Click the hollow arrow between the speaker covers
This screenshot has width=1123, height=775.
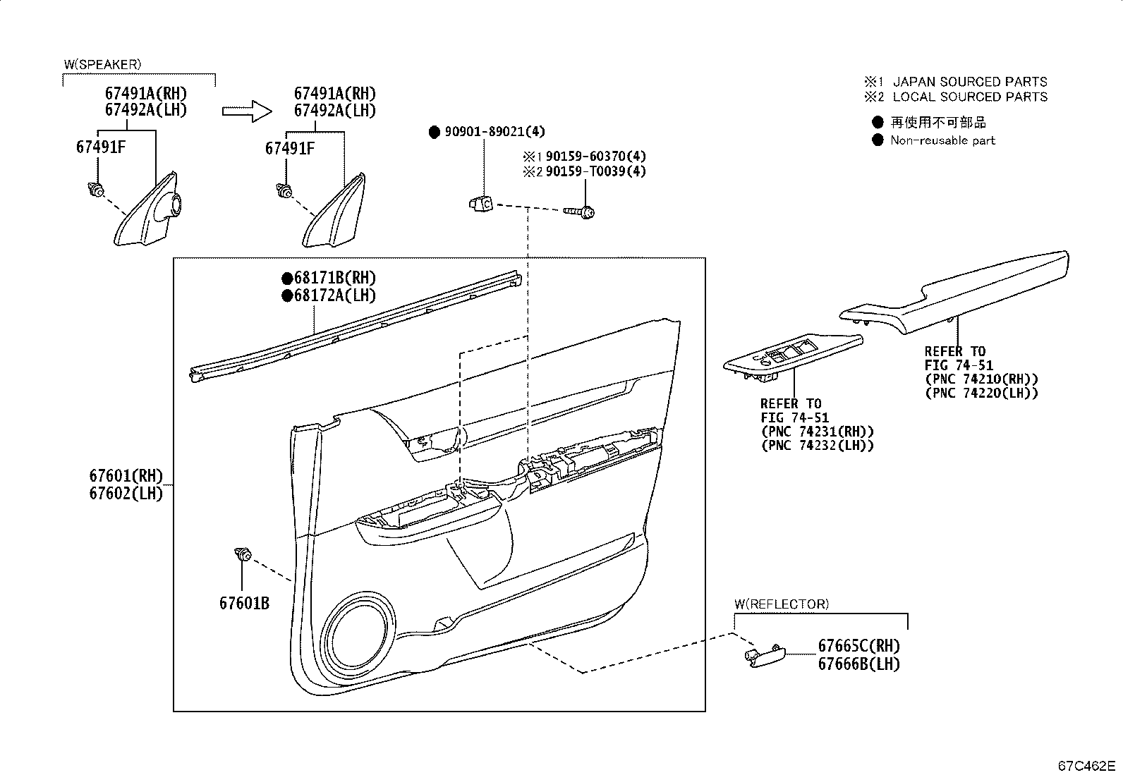(x=246, y=111)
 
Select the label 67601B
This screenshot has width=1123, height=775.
(x=243, y=604)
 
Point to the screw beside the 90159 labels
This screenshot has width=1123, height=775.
(x=580, y=211)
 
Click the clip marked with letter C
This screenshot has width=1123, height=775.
(x=480, y=203)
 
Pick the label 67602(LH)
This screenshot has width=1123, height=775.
(x=126, y=494)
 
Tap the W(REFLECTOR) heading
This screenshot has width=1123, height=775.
(x=782, y=604)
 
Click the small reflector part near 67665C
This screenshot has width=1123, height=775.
(x=765, y=654)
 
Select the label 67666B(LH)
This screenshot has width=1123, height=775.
(x=858, y=664)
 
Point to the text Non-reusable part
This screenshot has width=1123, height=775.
(x=942, y=140)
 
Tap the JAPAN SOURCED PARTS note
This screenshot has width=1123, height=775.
(x=970, y=82)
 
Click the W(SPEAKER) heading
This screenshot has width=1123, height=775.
(x=102, y=64)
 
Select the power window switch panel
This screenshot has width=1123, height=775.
(x=792, y=355)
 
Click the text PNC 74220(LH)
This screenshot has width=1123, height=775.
(x=981, y=393)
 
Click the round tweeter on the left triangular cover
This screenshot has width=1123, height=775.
(x=172, y=204)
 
